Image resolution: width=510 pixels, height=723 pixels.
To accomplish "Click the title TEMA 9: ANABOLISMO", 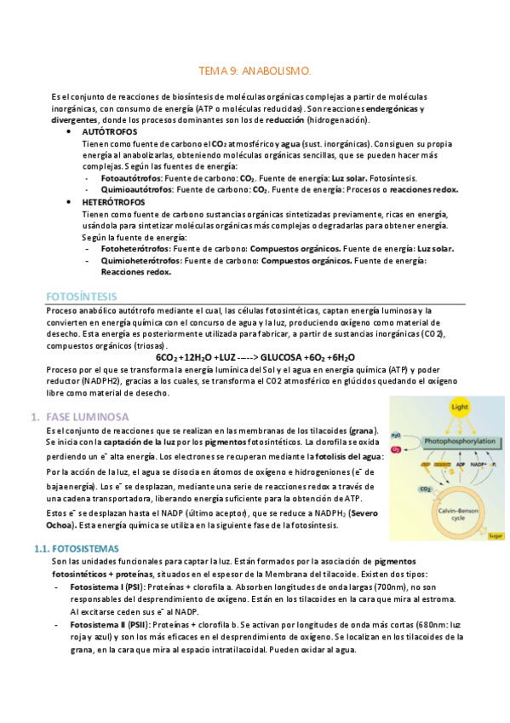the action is (x=255, y=73).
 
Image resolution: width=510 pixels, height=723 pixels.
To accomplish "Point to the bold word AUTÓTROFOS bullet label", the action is (x=108, y=133).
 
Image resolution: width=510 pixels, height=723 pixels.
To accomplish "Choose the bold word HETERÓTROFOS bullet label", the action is (x=113, y=202).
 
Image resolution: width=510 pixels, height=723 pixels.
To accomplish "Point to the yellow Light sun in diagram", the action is (x=460, y=407).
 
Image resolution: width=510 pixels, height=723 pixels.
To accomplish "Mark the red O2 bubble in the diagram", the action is (x=396, y=448).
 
